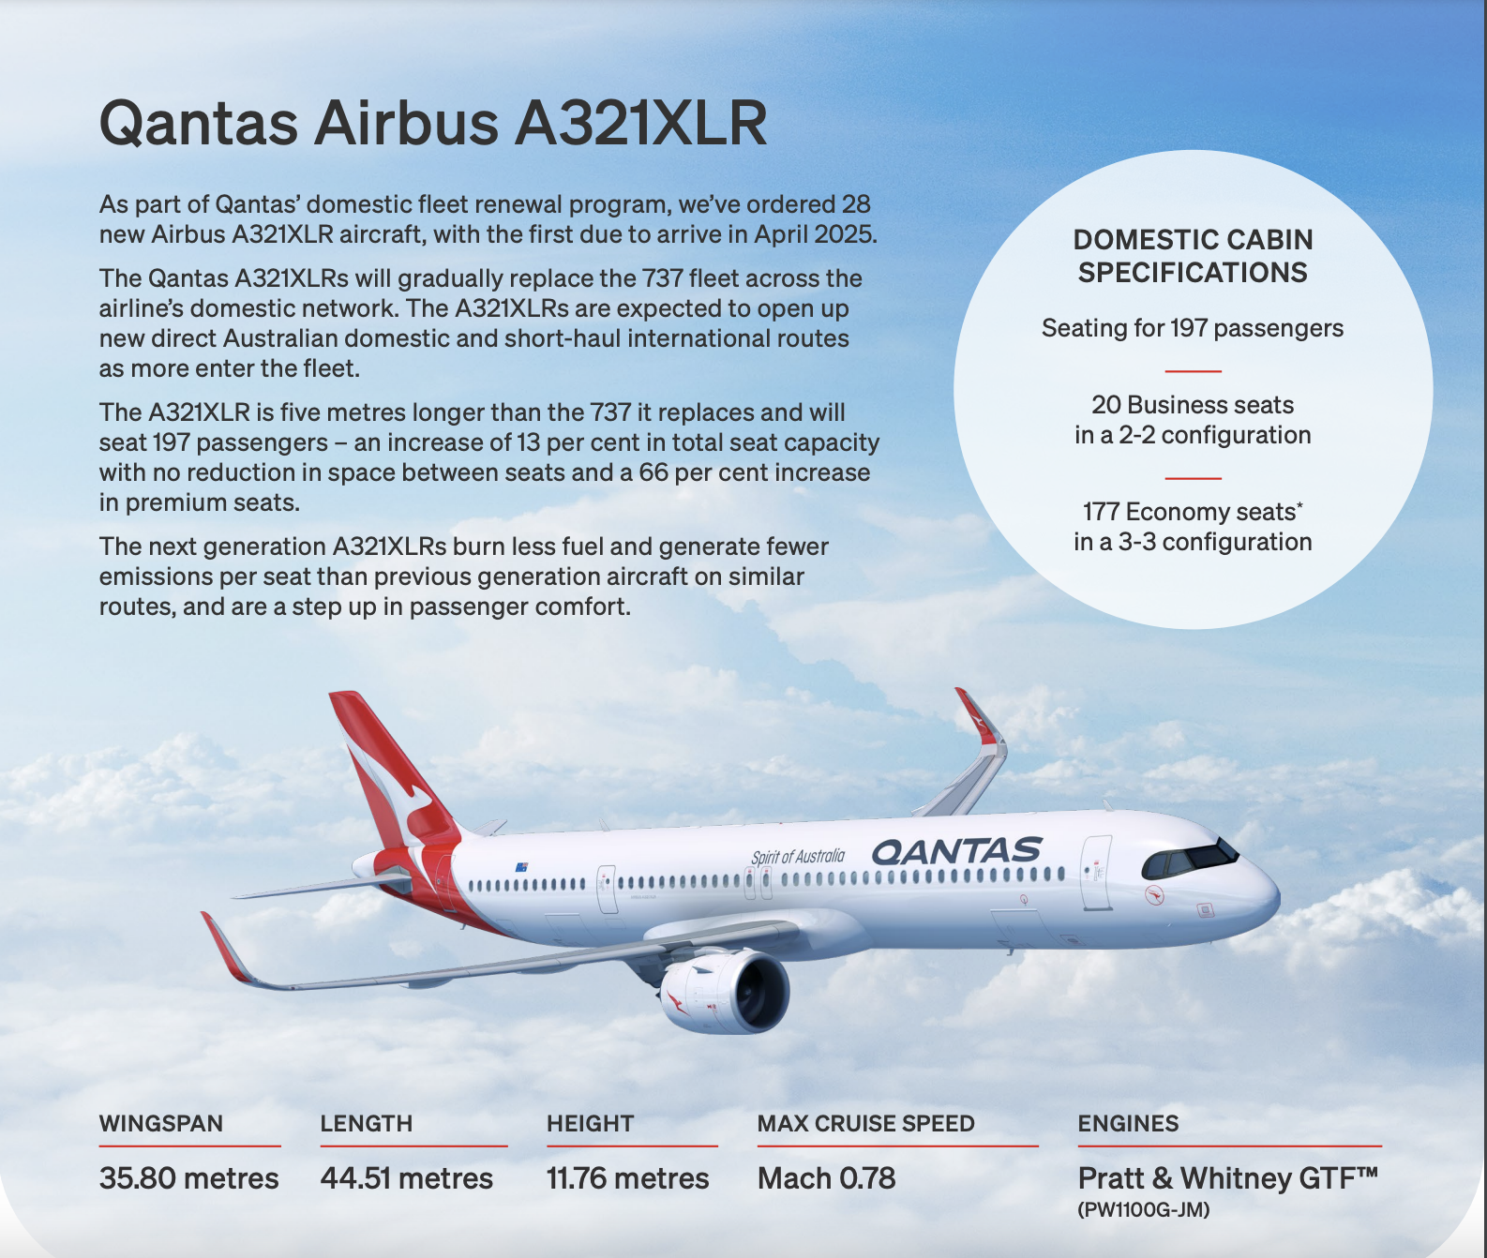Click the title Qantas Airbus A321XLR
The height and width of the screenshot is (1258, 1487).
coord(433,123)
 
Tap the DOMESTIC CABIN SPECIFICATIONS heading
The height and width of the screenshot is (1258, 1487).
coord(1193,256)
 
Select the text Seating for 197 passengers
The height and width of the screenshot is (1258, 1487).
coord(1193,328)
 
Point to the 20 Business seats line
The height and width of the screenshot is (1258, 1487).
coord(1193,405)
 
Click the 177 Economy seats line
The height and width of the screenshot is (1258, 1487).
coord(1193,512)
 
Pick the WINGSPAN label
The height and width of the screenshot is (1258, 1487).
coord(161,1123)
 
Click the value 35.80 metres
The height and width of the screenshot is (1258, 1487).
coord(189,1178)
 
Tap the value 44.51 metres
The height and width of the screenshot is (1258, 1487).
coord(407,1178)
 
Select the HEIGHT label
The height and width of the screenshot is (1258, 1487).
coord(591,1123)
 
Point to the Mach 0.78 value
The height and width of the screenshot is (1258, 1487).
coord(826,1178)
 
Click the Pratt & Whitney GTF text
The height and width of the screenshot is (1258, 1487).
coord(1228,1177)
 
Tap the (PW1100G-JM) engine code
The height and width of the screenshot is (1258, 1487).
coord(1144,1210)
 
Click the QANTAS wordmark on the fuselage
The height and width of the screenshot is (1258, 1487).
coord(957,850)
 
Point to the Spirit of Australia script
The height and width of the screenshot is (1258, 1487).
coord(798,857)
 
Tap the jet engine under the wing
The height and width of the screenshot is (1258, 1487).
coord(725,992)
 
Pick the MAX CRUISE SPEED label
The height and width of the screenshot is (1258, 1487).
coord(866,1123)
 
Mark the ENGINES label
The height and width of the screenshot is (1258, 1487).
coord(1129,1123)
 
